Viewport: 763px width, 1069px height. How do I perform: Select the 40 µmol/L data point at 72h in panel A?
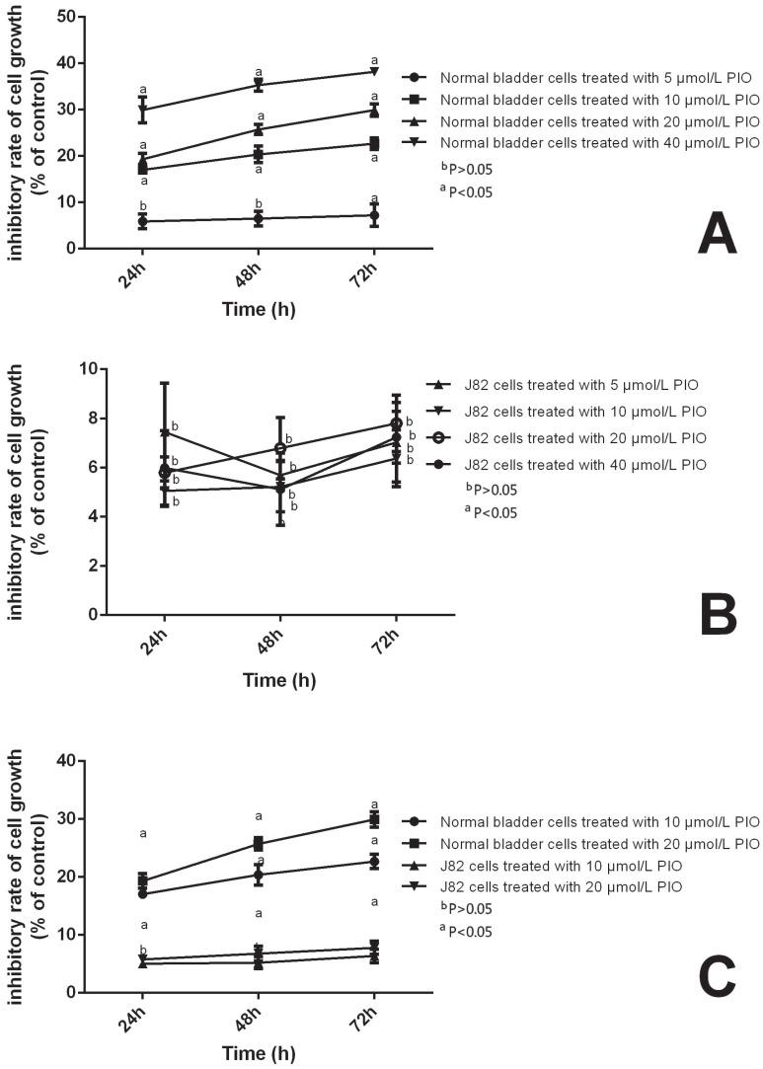[374, 71]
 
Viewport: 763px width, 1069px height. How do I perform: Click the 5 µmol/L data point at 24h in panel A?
[143, 222]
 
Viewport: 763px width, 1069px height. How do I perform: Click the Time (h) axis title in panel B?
[279, 680]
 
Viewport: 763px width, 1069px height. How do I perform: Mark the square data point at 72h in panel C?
[374, 819]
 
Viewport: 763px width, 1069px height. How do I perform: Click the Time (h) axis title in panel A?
[258, 309]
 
